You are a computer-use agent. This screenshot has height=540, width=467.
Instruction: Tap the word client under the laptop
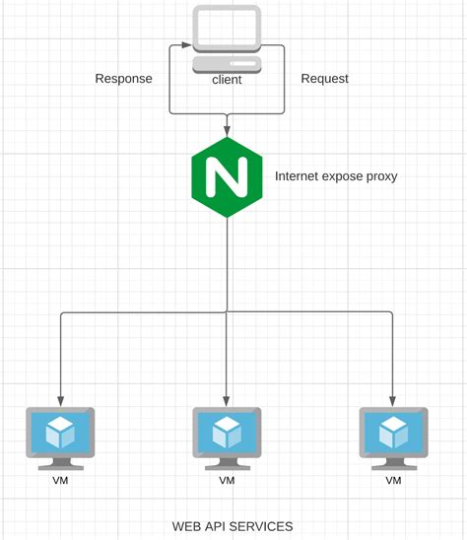pos(228,79)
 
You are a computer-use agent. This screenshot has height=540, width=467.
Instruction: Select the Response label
pos(123,79)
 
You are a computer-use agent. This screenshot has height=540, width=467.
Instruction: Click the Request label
pos(324,79)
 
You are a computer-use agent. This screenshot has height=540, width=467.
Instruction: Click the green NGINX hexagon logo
pos(228,178)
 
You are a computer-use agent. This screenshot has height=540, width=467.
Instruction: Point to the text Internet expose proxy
pos(336,177)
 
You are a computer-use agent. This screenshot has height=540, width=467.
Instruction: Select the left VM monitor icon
pos(60,437)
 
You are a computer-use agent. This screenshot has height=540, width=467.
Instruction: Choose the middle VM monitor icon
pos(227,437)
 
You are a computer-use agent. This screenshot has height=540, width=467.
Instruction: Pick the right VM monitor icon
pos(393,437)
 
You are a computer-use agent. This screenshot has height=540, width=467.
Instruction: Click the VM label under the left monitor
pos(60,481)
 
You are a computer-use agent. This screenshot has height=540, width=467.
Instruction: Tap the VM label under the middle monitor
pos(227,481)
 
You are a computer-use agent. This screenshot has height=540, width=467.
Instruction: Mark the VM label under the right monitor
pos(393,481)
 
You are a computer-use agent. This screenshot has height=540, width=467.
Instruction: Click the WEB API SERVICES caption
pos(233,526)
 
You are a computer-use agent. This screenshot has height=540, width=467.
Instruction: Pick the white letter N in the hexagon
pos(228,178)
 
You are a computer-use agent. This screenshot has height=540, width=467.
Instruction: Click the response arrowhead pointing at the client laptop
pos(178,44)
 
